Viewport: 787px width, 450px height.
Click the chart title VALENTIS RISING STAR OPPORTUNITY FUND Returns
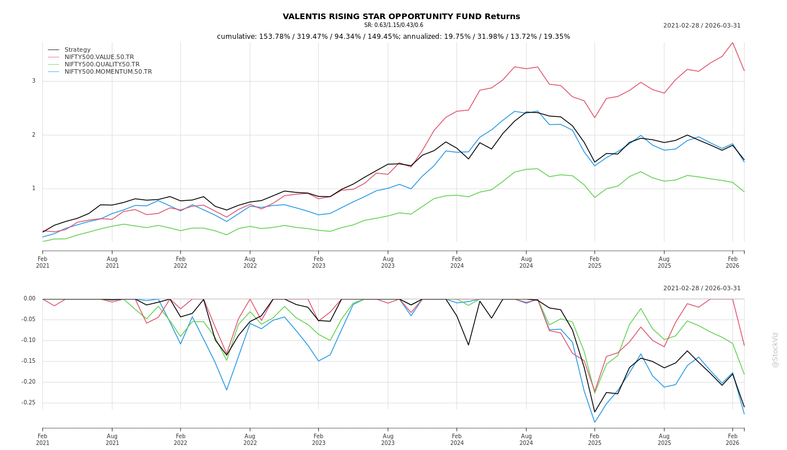[401, 17]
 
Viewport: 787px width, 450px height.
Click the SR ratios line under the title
[393, 25]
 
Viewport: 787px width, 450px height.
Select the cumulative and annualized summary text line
[393, 37]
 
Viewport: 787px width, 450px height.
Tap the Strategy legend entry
[78, 50]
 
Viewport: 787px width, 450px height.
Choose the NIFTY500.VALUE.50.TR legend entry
[99, 57]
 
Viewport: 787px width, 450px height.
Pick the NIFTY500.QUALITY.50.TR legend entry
[102, 65]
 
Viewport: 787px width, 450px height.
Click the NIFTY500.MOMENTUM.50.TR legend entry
[108, 72]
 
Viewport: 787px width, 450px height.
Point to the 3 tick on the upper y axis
[34, 81]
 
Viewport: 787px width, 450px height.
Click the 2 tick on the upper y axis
[34, 135]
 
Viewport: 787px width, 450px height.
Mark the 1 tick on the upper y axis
[34, 188]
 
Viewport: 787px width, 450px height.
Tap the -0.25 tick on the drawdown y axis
[29, 403]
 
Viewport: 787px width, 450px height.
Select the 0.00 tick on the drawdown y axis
[30, 299]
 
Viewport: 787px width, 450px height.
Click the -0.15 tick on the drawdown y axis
[29, 361]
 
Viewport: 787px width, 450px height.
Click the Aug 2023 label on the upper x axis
[388, 262]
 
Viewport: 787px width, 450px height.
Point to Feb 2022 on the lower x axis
[180, 439]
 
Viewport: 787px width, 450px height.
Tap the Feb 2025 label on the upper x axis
[595, 262]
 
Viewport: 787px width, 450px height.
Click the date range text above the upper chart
[702, 26]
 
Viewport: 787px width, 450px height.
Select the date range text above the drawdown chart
[702, 289]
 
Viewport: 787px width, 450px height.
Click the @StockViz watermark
[775, 349]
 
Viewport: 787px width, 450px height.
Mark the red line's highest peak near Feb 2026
[732, 43]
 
